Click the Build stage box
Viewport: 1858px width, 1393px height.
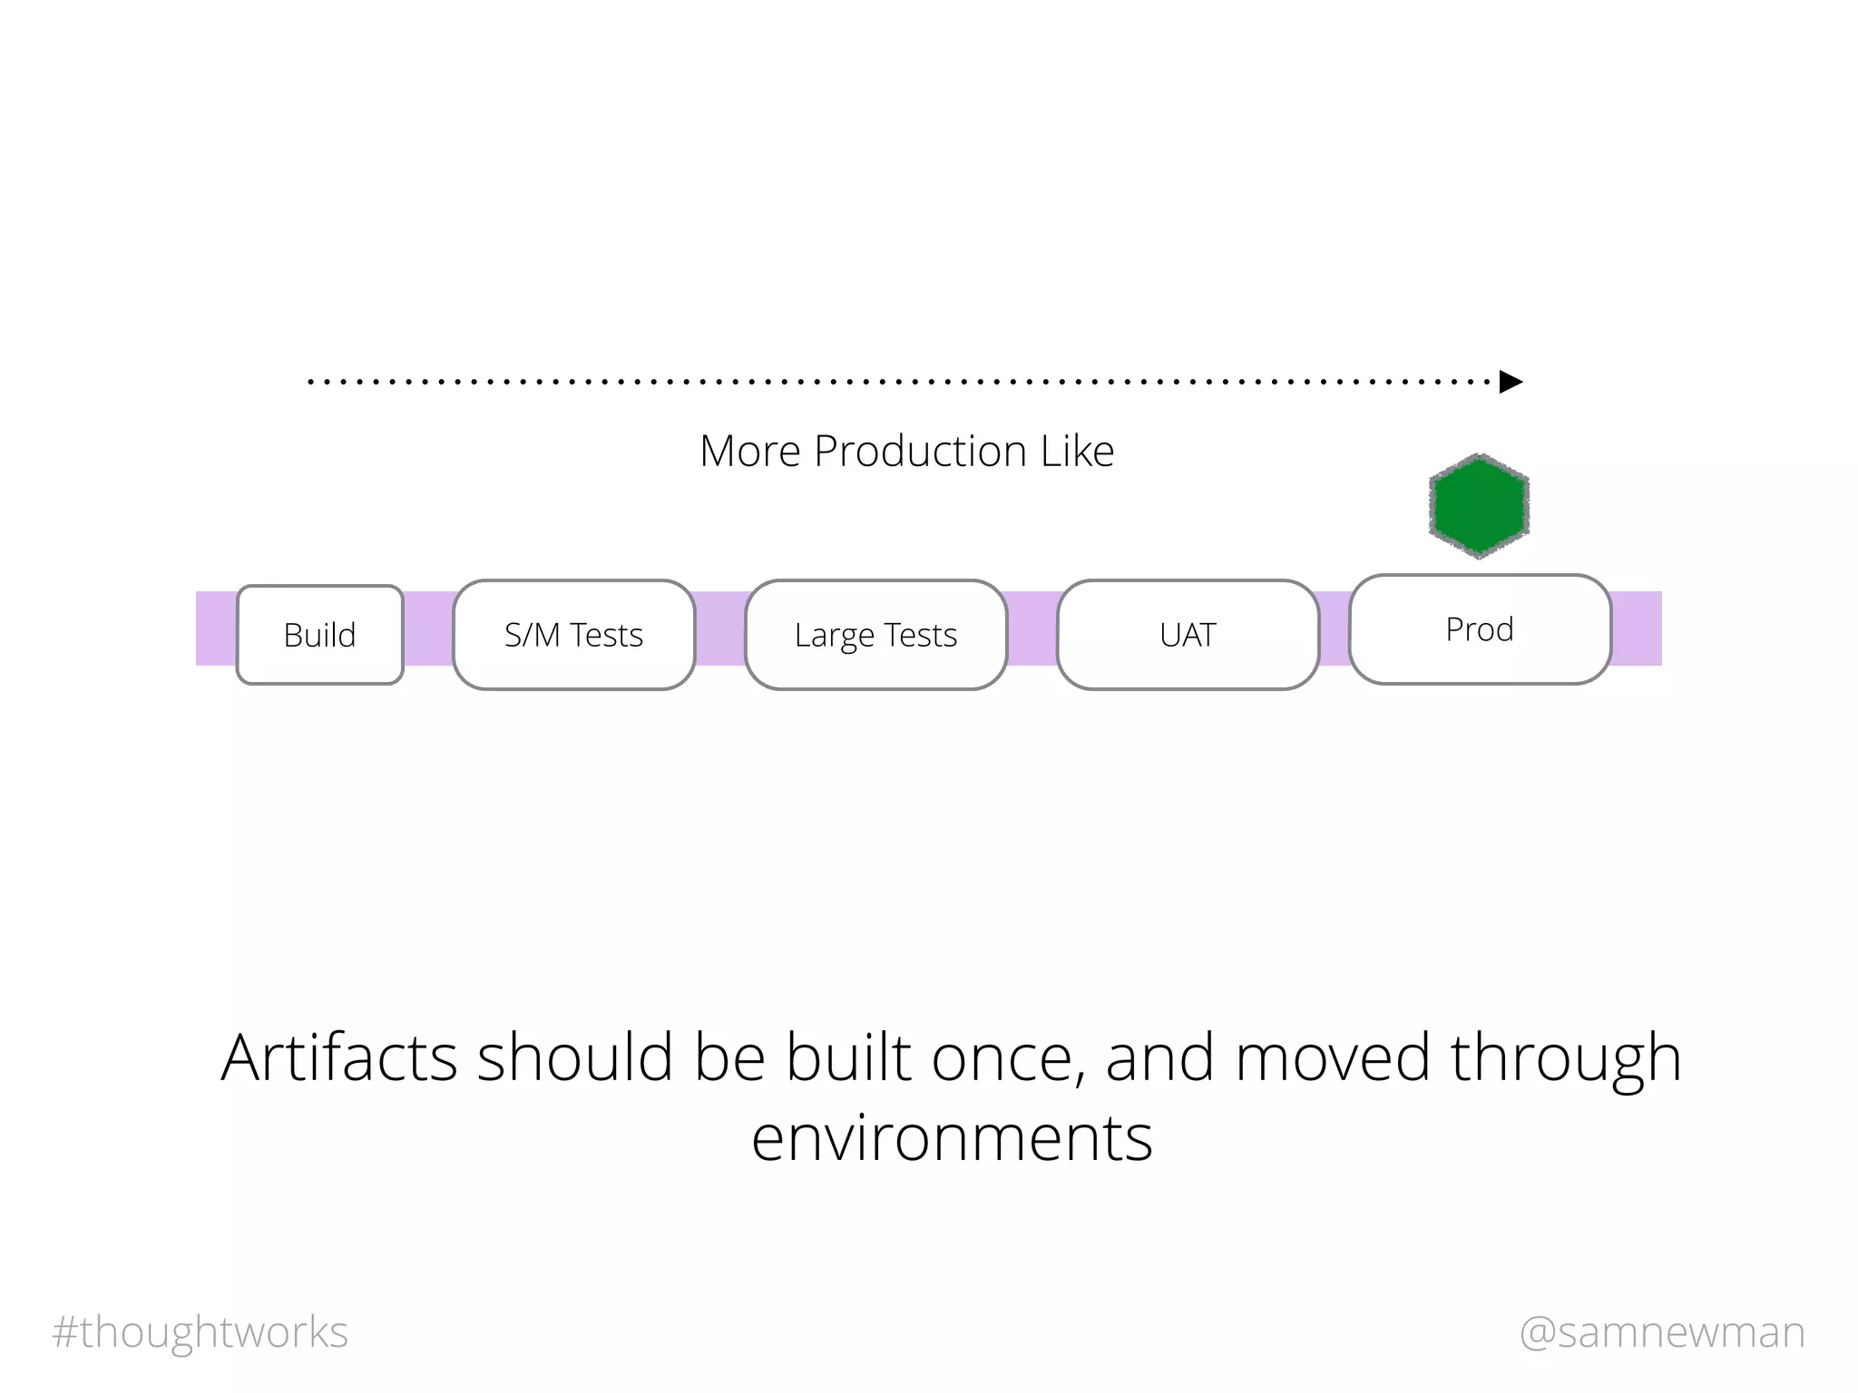319,635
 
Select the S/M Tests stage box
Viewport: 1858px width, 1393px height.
573,635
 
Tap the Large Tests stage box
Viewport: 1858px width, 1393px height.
875,635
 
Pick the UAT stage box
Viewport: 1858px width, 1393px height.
1187,635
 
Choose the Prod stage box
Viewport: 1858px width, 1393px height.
1479,629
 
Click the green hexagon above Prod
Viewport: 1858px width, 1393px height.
1479,506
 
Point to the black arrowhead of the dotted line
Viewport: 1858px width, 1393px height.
1511,382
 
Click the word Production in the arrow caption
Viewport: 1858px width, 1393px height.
920,451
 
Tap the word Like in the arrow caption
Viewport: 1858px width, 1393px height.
1077,451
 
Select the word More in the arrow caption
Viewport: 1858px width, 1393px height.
750,451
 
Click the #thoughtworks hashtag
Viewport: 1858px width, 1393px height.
200,1332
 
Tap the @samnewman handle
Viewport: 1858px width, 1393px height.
1662,1332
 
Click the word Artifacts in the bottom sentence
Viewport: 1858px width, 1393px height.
339,1057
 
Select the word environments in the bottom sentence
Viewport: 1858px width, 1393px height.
952,1137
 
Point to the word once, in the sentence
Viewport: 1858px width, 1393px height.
1009,1057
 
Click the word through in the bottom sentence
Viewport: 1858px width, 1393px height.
1566,1057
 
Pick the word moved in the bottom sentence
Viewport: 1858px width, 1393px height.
1333,1057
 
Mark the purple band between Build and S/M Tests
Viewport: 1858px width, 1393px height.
428,628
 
